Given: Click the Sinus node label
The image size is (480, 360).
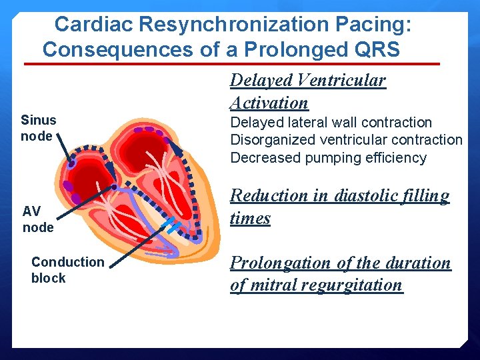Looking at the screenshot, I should pyautogui.click(x=38, y=128).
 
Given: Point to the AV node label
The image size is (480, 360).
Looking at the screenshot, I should pyautogui.click(x=37, y=219).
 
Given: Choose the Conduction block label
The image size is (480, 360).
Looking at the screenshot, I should pyautogui.click(x=67, y=270).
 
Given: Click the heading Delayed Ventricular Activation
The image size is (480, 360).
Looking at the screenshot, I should pyautogui.click(x=307, y=91).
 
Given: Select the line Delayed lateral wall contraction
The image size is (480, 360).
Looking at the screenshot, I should pyautogui.click(x=331, y=123).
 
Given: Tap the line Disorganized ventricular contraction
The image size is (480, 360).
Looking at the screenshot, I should pyautogui.click(x=346, y=140).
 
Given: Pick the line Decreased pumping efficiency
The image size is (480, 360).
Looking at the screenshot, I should pyautogui.click(x=328, y=158).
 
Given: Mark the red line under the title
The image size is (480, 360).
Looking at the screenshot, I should pyautogui.click(x=232, y=64).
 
